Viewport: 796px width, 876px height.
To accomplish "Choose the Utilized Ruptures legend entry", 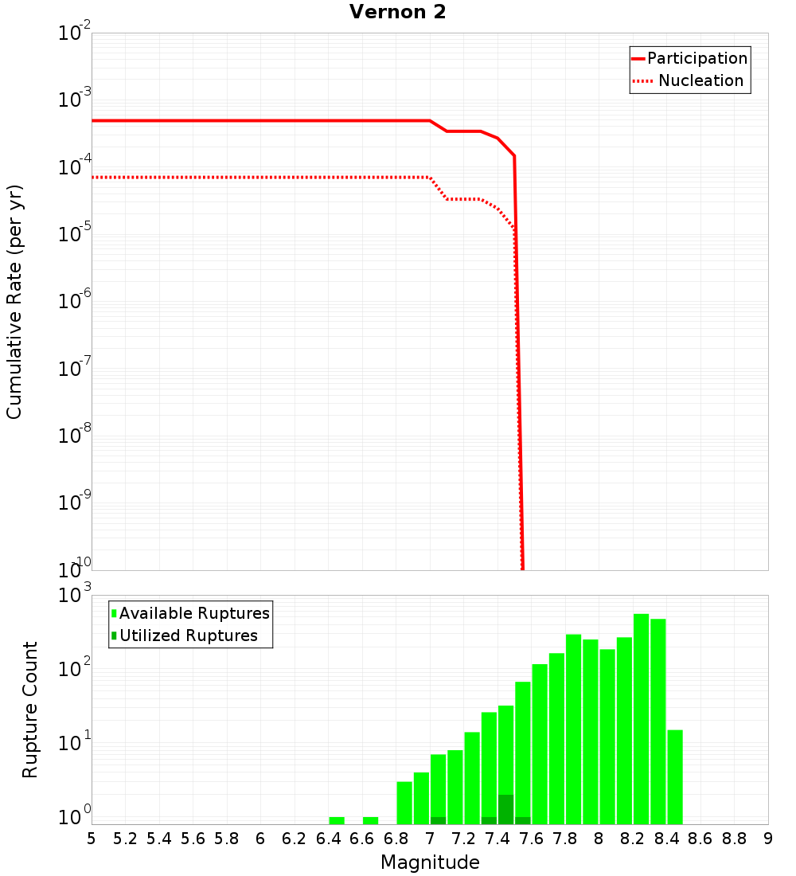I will pos(188,635).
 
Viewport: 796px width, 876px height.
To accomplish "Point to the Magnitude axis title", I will pos(430,862).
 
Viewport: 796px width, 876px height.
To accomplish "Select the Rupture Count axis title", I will pos(30,710).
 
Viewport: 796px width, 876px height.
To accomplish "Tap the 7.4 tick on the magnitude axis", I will pos(497,839).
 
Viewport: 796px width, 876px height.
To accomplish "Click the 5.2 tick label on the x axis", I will pos(125,839).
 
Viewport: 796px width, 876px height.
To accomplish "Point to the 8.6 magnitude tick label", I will pos(700,839).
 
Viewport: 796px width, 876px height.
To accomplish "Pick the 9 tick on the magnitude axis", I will pos(768,839).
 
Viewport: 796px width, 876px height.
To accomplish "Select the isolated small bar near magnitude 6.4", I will pos(337,820).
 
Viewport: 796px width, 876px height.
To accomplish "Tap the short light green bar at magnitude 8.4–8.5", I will pos(675,776).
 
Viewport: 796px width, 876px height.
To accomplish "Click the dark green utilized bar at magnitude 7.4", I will pos(505,809).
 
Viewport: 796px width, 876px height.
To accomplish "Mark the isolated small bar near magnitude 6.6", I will pos(370,820).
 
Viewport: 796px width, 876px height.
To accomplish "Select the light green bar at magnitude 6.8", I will pos(404,803).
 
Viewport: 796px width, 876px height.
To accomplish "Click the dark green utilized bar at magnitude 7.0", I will pos(438,820).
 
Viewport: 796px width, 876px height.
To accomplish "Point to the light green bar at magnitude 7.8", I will pos(573,729).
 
